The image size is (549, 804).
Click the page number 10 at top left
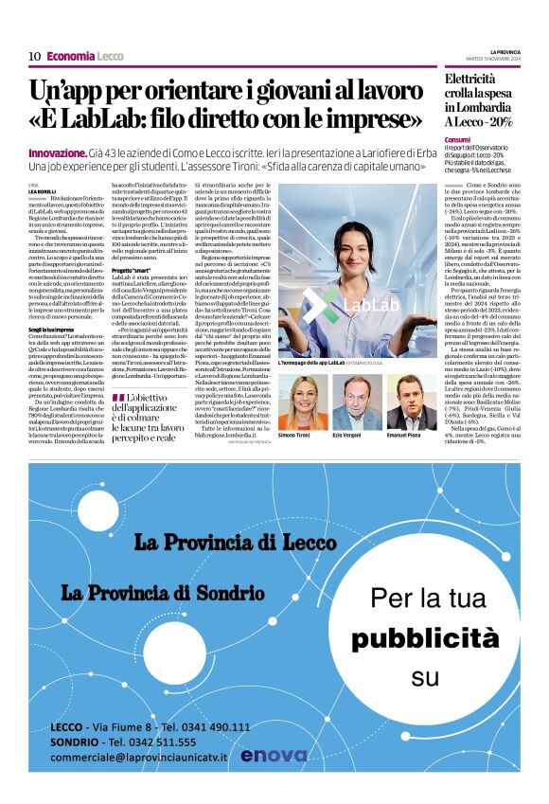(34, 56)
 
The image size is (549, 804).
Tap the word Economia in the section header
(71, 56)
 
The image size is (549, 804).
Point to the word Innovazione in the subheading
(58, 152)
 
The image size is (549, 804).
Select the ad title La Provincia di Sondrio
(164, 592)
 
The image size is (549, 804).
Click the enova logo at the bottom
(274, 756)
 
